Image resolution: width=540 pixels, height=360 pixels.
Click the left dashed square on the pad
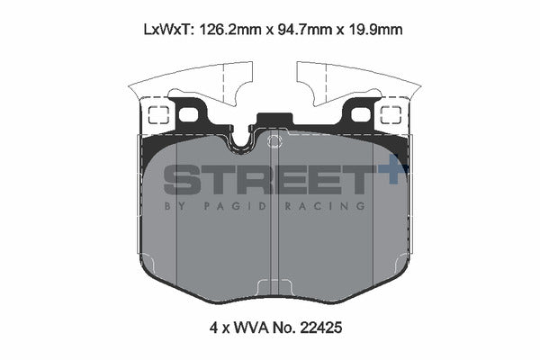157,115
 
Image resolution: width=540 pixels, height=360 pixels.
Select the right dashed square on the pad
391,115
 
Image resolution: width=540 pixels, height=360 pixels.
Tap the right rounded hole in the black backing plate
360,114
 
